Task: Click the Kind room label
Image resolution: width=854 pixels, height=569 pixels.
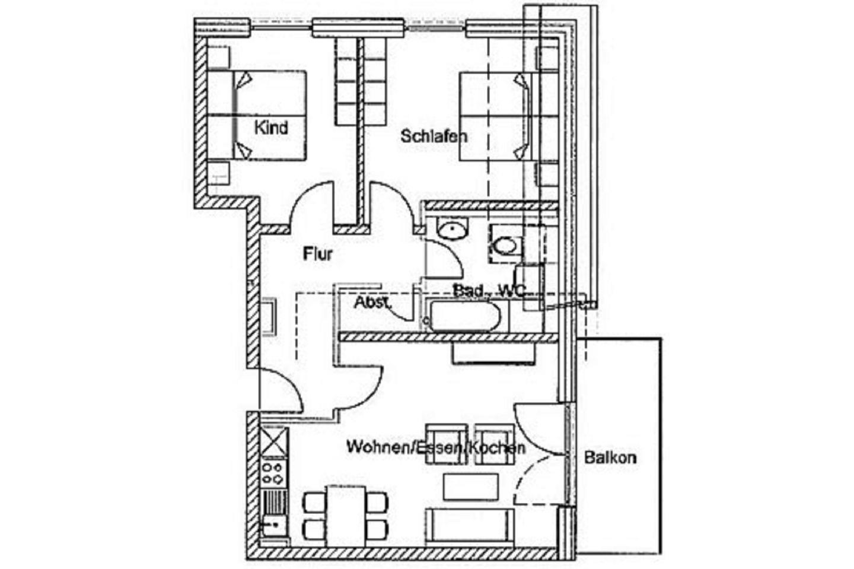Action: [271, 128]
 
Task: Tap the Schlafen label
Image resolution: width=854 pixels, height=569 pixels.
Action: [434, 136]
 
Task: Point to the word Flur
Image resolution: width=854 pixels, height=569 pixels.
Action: [318, 254]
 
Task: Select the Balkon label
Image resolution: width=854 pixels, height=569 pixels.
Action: [610, 457]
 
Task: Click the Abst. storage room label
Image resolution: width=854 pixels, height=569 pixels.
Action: [372, 303]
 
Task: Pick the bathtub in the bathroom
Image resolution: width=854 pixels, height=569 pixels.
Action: [464, 317]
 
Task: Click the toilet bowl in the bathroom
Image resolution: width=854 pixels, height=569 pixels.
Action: [505, 246]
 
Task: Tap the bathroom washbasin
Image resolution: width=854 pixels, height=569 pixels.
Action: [453, 229]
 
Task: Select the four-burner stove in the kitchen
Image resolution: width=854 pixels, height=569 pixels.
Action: [273, 473]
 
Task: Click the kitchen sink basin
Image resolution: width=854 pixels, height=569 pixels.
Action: [273, 526]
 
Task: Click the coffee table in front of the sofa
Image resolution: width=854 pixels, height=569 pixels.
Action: [471, 487]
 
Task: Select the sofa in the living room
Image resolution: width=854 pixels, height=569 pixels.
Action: [470, 526]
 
